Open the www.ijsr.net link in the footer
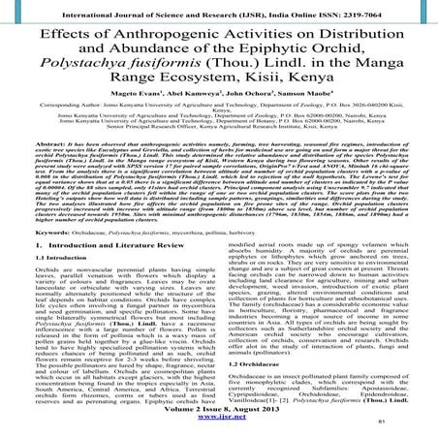(219, 424)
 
